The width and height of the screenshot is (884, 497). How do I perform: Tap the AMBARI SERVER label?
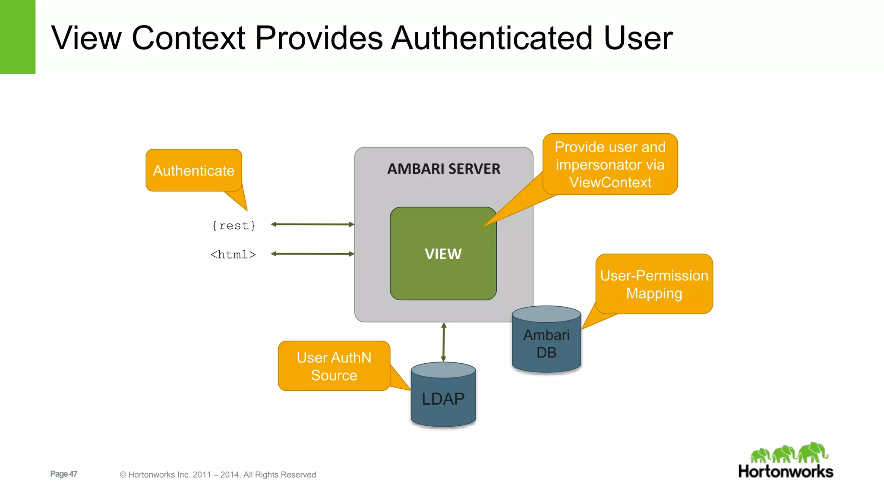pyautogui.click(x=443, y=169)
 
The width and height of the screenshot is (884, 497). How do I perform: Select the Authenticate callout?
pyautogui.click(x=194, y=170)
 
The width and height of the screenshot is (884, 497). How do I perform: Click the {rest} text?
pyautogui.click(x=234, y=226)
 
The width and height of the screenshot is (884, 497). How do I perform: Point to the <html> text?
pyautogui.click(x=233, y=255)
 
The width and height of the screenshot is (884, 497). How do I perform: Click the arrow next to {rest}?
pyautogui.click(x=313, y=224)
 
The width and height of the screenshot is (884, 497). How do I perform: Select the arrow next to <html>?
pyautogui.click(x=313, y=254)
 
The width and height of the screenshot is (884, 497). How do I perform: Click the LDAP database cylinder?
pyautogui.click(x=443, y=397)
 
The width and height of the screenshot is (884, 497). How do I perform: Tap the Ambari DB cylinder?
pyautogui.click(x=546, y=343)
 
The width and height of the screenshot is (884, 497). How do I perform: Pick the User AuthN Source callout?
pyautogui.click(x=334, y=366)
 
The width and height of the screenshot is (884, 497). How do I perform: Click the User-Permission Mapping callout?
pyautogui.click(x=654, y=284)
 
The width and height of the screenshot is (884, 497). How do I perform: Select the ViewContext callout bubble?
pyautogui.click(x=610, y=164)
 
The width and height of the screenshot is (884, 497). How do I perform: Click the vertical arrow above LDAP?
pyautogui.click(x=443, y=342)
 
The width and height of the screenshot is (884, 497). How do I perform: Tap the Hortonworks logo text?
pyautogui.click(x=786, y=471)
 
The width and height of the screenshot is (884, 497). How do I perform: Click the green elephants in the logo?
pyautogui.click(x=789, y=453)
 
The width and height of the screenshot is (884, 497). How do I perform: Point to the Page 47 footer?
pyautogui.click(x=64, y=474)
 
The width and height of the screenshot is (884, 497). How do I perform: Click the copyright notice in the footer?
pyautogui.click(x=218, y=475)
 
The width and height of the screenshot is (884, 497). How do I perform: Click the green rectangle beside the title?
pyautogui.click(x=17, y=37)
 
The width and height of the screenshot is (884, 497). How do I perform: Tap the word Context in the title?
pyautogui.click(x=189, y=38)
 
